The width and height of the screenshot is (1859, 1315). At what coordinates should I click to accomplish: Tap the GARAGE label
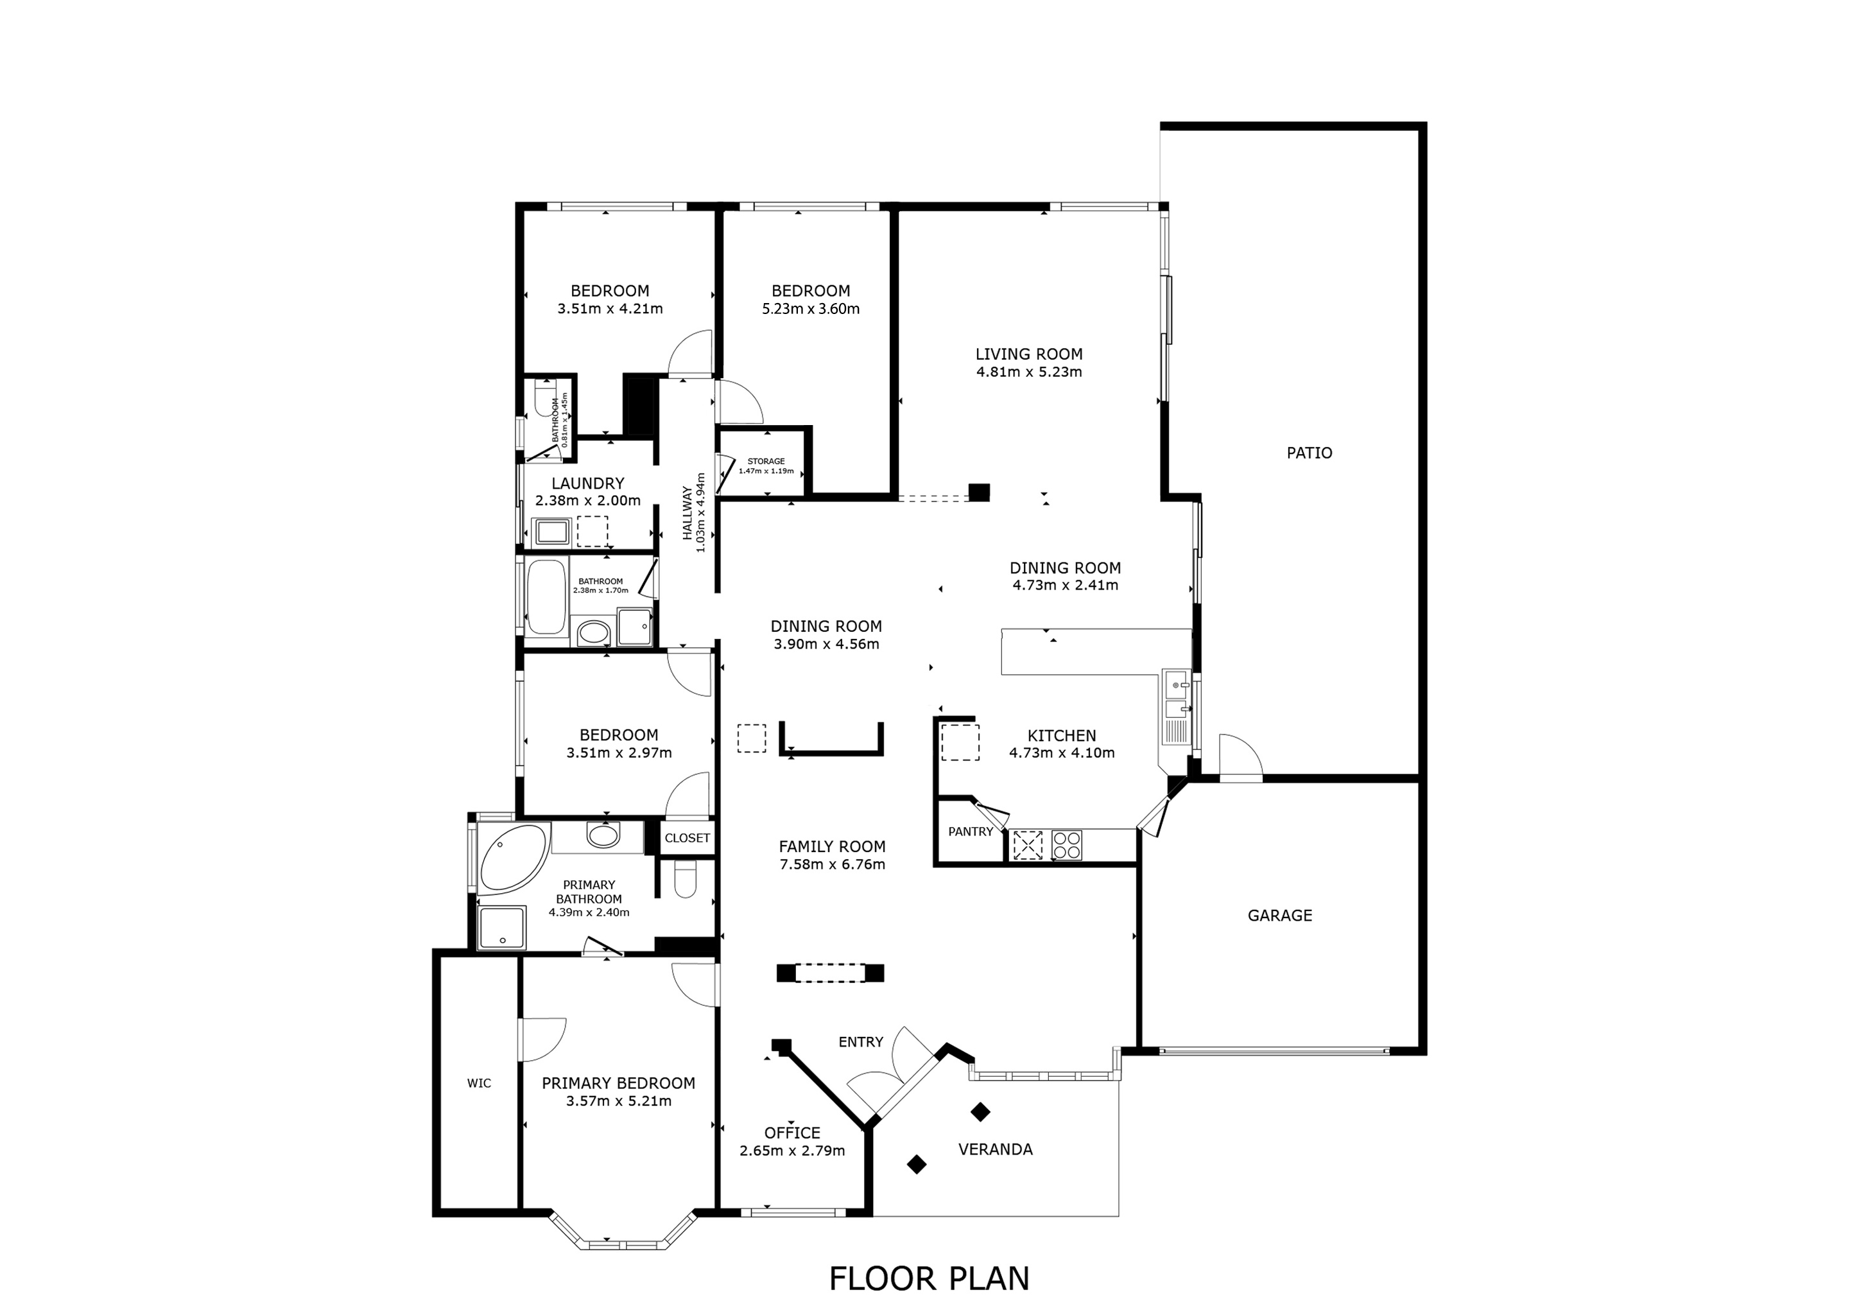(1279, 915)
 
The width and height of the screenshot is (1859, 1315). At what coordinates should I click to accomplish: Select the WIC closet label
(478, 1083)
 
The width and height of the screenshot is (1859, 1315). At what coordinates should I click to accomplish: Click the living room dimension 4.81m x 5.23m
(1028, 372)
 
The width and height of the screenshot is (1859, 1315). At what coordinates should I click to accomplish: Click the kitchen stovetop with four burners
(1066, 844)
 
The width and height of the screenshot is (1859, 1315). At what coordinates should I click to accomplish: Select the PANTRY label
(970, 832)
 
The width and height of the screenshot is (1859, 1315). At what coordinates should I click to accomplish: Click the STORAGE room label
(765, 462)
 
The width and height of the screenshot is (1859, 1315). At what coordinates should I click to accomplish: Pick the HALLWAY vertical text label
(687, 514)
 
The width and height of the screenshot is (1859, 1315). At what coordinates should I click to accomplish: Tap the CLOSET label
(687, 838)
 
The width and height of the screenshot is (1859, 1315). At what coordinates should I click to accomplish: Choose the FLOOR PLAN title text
(929, 1278)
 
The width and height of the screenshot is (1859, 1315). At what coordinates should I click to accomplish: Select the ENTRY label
(860, 1042)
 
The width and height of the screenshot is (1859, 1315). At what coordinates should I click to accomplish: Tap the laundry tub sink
(552, 532)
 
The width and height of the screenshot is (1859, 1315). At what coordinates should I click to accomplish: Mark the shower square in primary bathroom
(501, 927)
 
